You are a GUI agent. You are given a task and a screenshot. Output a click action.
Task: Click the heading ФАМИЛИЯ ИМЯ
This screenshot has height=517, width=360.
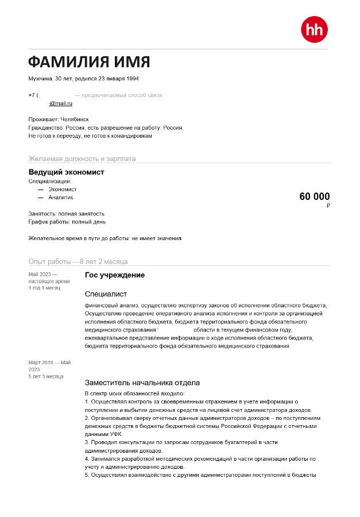point(89,62)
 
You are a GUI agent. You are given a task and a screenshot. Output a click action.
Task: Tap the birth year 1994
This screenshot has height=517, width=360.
point(131,79)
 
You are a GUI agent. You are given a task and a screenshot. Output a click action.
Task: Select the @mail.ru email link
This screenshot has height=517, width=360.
point(61,103)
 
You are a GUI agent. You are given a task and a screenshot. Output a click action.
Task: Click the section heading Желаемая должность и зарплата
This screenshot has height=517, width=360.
point(82,159)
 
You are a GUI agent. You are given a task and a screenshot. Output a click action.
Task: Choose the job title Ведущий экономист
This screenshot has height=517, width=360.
point(67,172)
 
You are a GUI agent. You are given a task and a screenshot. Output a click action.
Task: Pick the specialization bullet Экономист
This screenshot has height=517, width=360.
point(63,189)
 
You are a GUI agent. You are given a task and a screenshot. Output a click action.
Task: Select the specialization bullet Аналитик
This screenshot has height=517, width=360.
point(61,198)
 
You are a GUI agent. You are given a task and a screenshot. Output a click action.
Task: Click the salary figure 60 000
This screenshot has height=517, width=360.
point(315,197)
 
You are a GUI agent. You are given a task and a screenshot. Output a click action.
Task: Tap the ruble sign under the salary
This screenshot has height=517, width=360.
point(328,206)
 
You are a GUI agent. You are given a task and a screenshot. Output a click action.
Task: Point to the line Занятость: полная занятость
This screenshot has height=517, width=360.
point(67,214)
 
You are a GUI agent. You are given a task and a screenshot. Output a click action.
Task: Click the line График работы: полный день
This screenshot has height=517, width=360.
point(67,222)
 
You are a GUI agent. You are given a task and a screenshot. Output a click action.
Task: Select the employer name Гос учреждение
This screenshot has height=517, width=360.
point(115,275)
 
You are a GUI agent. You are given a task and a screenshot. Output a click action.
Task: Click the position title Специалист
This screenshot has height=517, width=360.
point(106,294)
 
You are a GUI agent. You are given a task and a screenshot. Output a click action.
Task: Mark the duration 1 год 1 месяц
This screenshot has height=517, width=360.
point(44,288)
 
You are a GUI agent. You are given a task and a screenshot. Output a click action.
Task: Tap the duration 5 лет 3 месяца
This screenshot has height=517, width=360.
point(46,376)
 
